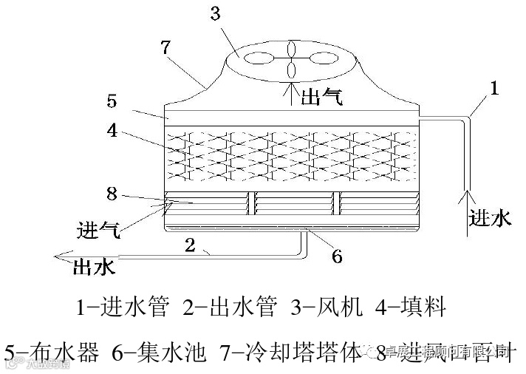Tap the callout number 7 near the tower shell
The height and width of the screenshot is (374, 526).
tap(165, 47)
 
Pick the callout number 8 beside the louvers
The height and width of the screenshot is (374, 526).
tap(112, 194)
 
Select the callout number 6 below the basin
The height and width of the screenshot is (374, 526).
tap(336, 256)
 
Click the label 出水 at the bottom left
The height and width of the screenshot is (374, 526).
tap(93, 268)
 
